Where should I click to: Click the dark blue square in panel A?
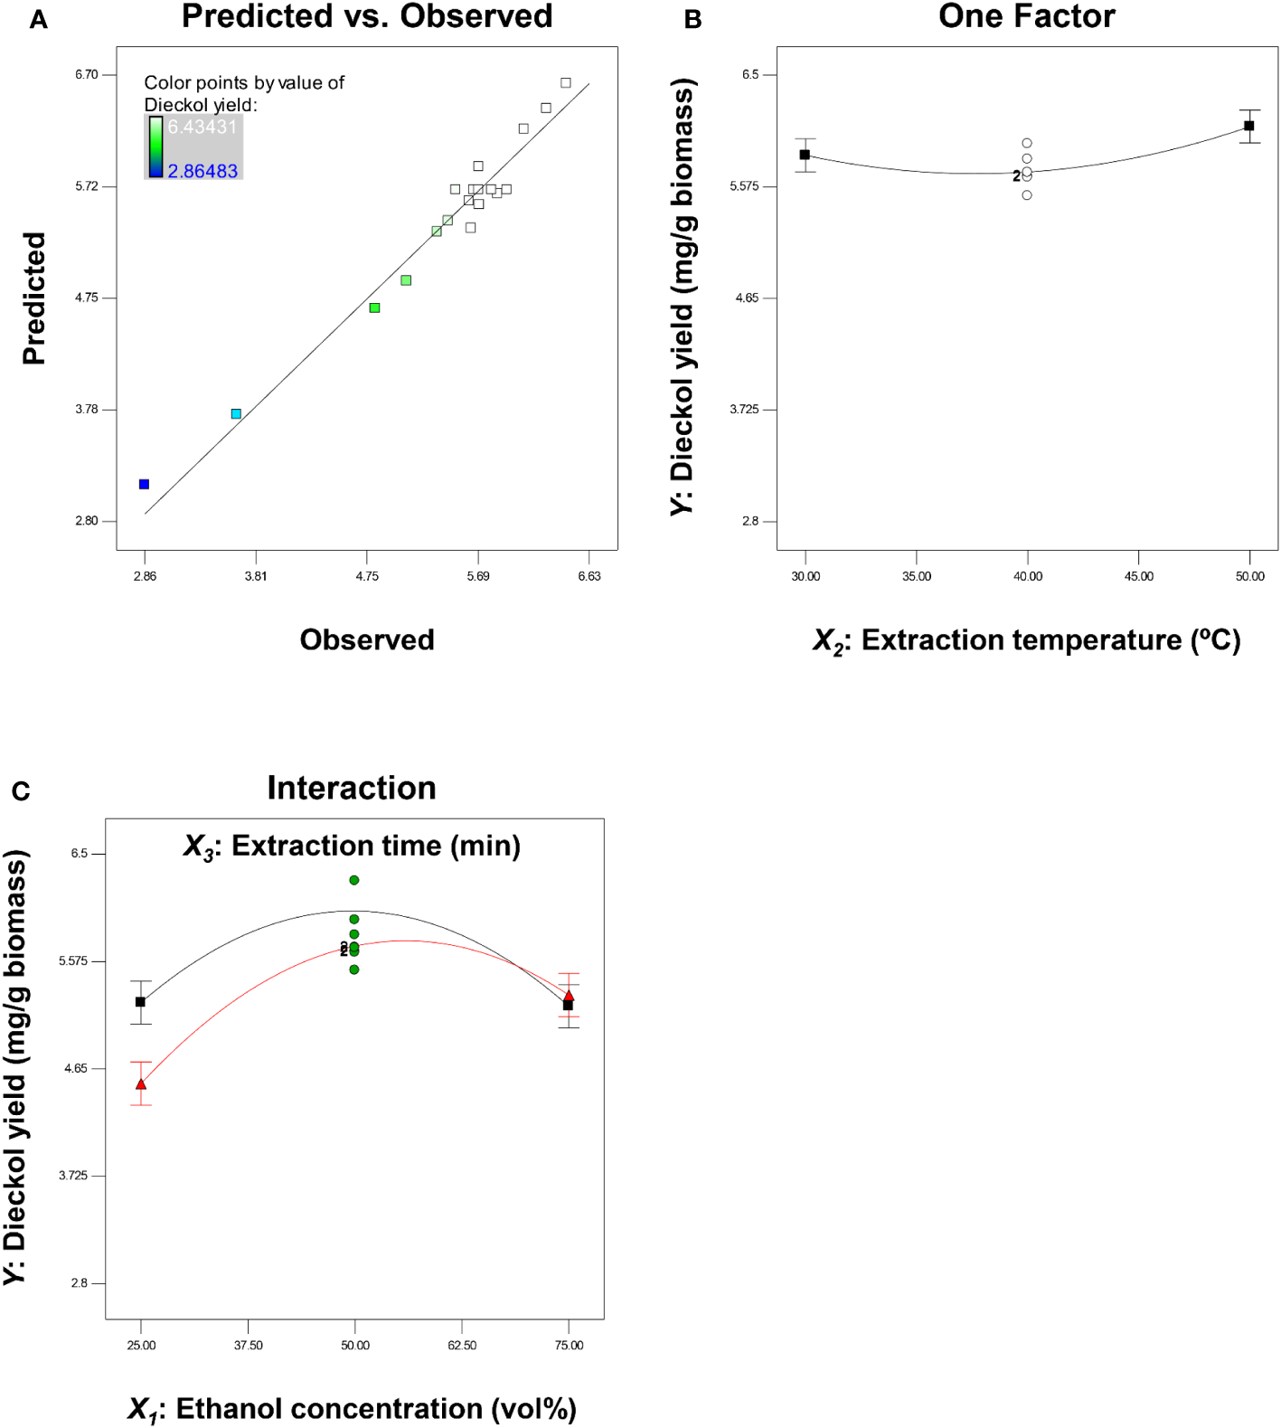(x=144, y=484)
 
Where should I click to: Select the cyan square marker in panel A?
(x=236, y=413)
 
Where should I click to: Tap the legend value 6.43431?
(x=202, y=127)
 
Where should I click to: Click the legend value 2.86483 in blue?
(x=203, y=171)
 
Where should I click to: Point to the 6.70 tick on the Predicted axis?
(x=87, y=75)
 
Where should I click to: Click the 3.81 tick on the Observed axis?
(x=256, y=576)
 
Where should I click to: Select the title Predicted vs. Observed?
(x=367, y=16)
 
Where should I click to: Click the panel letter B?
(x=692, y=20)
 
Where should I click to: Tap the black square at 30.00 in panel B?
(x=805, y=155)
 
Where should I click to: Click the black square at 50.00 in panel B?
(x=1249, y=126)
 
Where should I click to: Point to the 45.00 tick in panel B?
(x=1139, y=576)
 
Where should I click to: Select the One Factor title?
(x=1026, y=16)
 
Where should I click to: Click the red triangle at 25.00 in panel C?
(x=141, y=1083)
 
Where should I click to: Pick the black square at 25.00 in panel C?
(x=140, y=1002)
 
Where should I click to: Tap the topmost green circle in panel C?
(x=354, y=880)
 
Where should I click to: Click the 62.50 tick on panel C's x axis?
(x=462, y=1346)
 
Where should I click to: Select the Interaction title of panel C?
(x=352, y=788)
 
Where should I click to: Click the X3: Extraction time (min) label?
(x=352, y=846)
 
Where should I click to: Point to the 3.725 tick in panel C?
(x=74, y=1176)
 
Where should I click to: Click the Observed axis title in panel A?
(x=367, y=640)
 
